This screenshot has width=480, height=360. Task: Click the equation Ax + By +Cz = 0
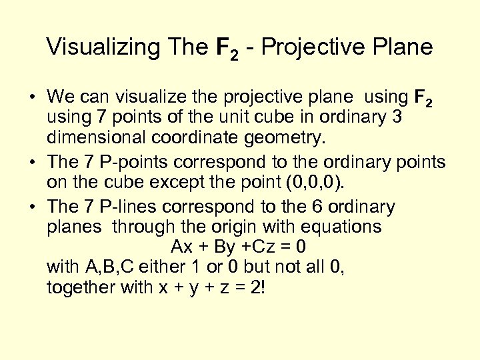tap(239, 247)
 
